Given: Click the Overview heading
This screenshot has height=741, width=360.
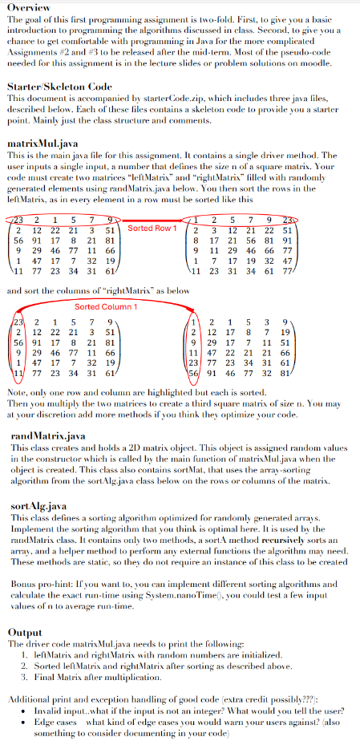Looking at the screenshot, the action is tap(28, 6).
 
